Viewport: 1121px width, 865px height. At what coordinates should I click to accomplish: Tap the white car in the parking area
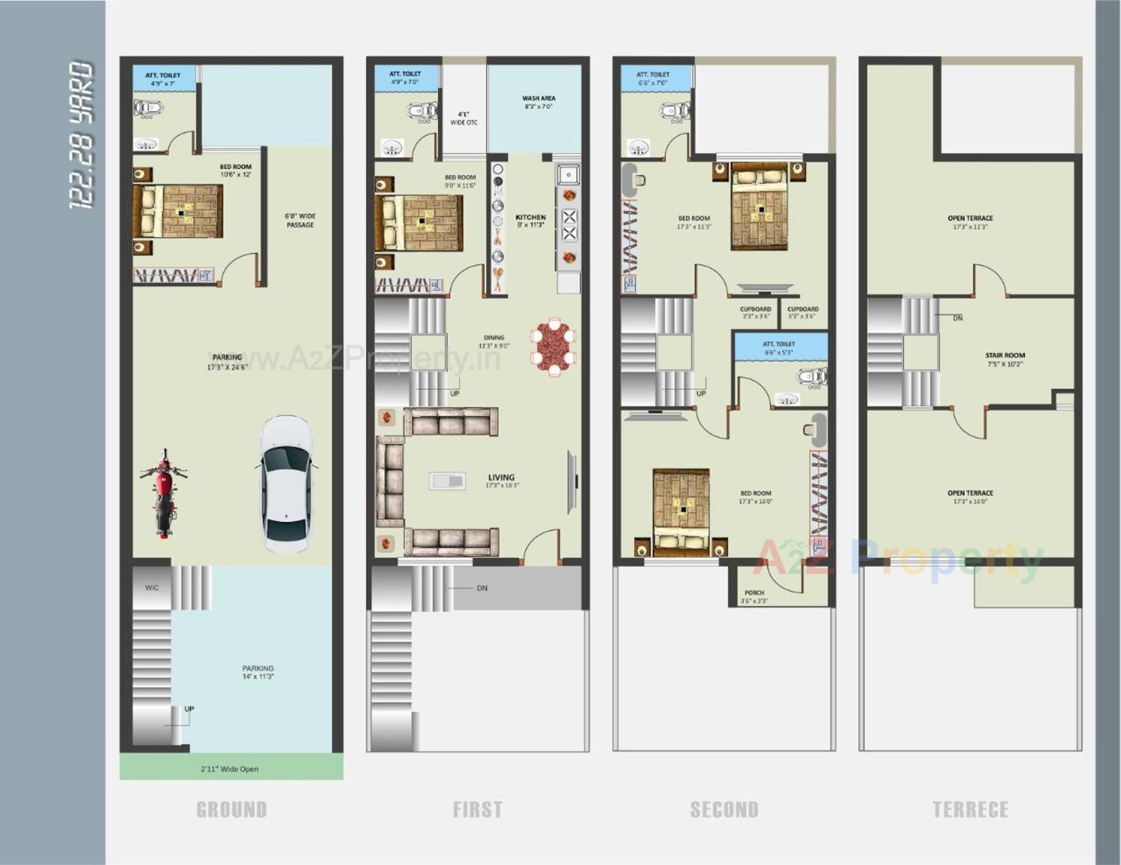286,484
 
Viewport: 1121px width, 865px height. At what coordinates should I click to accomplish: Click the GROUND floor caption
231,810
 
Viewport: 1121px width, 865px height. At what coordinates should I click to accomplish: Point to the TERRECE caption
970,810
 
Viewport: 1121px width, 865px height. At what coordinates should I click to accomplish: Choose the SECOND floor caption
724,810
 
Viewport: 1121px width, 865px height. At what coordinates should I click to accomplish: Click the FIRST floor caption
478,810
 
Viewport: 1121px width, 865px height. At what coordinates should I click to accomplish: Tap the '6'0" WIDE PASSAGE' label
300,221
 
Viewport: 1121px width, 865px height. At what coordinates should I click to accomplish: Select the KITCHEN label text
530,217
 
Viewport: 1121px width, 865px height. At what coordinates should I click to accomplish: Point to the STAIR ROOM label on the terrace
1005,355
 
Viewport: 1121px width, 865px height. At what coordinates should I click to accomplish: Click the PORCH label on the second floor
754,593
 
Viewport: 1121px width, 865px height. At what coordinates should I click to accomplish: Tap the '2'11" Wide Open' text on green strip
229,769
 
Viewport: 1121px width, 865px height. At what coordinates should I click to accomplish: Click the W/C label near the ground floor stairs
152,588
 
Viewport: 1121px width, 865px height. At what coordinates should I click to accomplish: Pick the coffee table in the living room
448,481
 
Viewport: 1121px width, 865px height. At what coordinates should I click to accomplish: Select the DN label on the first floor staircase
482,588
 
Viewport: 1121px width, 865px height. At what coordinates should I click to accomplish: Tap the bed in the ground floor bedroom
179,211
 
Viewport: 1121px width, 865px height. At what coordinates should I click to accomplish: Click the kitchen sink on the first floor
568,175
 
